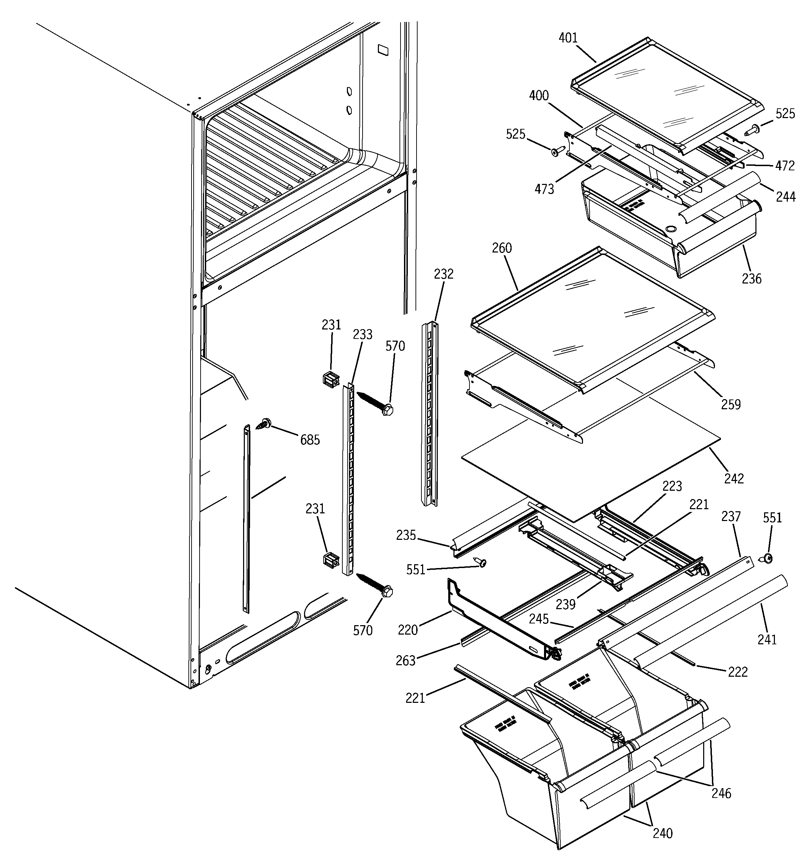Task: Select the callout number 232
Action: tap(443, 274)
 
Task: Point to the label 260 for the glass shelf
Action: tap(502, 248)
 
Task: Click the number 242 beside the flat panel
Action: tap(734, 479)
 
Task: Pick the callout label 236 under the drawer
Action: tap(751, 278)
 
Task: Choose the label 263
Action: tap(405, 660)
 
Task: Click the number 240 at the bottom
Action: tap(662, 833)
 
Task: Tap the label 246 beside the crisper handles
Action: tap(721, 793)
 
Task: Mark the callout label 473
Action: tap(544, 189)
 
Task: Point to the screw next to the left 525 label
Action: tap(557, 150)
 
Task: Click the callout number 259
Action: tap(730, 404)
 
